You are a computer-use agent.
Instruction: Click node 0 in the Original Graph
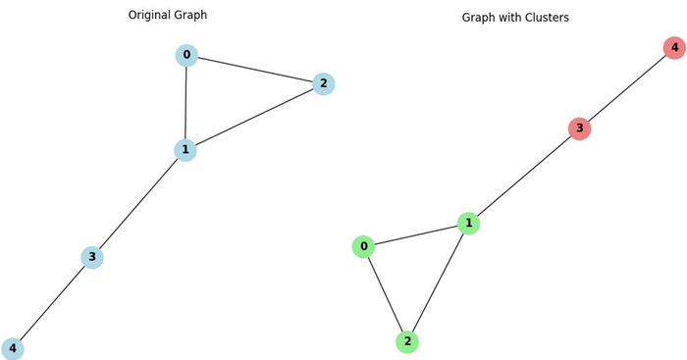coord(186,55)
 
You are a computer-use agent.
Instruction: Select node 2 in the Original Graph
coord(324,84)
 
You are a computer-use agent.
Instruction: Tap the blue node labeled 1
coord(185,150)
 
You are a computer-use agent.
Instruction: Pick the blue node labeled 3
coord(92,257)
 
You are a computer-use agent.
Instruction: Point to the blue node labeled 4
coord(13,348)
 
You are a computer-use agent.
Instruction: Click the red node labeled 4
coord(674,47)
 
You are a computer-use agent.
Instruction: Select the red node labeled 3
coord(580,129)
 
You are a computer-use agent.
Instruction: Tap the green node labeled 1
coord(469,224)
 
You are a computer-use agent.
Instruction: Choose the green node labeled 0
coord(364,246)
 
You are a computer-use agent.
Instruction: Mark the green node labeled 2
coord(407,341)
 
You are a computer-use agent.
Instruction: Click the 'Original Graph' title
coord(195,15)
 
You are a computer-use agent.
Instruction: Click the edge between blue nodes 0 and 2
coord(255,70)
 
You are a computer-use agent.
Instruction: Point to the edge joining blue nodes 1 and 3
coord(139,203)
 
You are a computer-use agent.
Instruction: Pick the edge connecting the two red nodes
coord(627,88)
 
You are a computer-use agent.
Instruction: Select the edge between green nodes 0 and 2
coord(386,294)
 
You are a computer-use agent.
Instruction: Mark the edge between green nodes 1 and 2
coord(439,283)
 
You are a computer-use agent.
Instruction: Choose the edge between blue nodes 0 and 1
coord(185,103)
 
